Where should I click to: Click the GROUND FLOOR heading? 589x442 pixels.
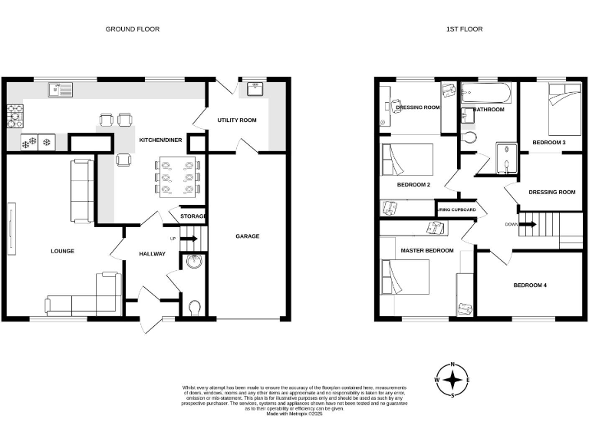pos(127,29)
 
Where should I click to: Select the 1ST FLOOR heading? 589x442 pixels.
pos(464,29)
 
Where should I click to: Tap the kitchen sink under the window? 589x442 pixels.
pos(60,91)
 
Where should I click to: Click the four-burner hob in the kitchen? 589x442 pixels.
pos(15,115)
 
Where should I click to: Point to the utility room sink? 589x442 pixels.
pos(255,90)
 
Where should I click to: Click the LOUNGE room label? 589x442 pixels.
pos(62,251)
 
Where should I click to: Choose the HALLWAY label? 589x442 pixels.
pos(152,254)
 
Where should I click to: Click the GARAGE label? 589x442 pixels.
pos(247,236)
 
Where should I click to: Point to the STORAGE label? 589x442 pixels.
pos(192,216)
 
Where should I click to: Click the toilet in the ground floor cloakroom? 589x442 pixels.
pos(193,307)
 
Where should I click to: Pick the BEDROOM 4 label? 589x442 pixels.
pos(530,285)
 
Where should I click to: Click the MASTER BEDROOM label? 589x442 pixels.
pos(426,250)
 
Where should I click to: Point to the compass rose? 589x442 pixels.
pos(453,379)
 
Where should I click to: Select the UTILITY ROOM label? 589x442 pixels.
pos(237,120)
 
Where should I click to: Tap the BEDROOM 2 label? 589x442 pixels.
pos(413,185)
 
